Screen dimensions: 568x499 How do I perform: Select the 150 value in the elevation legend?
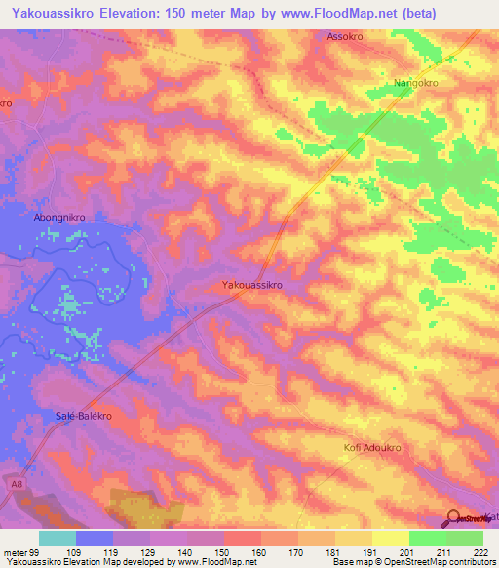224,552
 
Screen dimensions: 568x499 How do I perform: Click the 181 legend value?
335,552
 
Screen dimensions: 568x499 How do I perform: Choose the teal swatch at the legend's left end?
58,538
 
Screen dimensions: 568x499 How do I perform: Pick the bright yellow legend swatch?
391,538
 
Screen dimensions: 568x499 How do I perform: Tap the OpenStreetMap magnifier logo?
454,518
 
